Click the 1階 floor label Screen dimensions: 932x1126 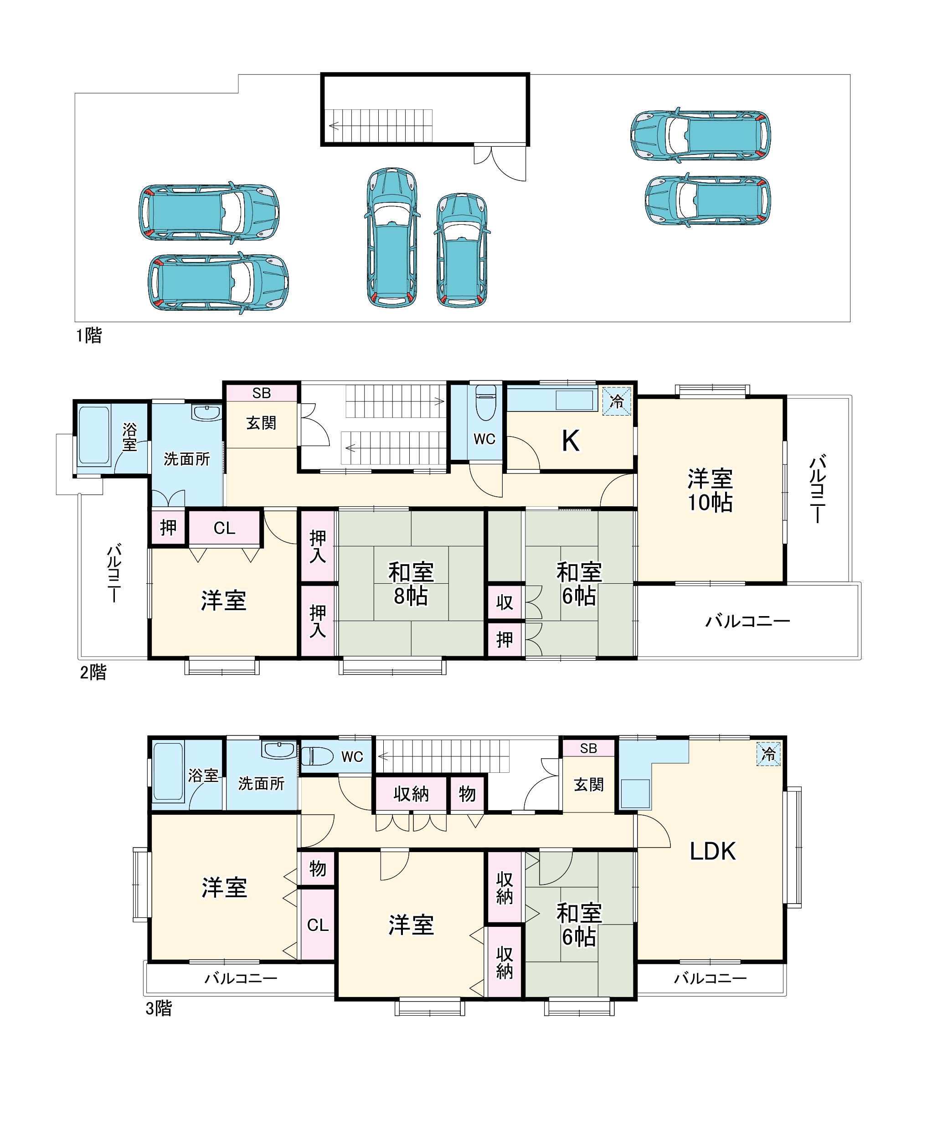88,336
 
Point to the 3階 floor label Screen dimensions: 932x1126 159,1008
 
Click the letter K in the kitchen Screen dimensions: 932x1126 570,441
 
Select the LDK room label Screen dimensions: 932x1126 712,851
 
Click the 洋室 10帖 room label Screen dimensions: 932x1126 710,490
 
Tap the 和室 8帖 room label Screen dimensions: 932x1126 411,584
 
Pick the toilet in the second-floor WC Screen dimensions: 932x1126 486,402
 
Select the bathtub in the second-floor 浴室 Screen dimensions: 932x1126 94,435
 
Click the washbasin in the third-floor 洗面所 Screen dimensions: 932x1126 279,750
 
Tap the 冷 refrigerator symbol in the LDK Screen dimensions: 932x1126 768,754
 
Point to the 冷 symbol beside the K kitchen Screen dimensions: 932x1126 617,401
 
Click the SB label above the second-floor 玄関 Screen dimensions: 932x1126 262,393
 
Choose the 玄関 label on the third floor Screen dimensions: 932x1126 589,784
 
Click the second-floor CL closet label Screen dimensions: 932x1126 224,528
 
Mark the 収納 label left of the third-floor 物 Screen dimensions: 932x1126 411,793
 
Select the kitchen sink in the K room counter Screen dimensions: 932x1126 574,400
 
